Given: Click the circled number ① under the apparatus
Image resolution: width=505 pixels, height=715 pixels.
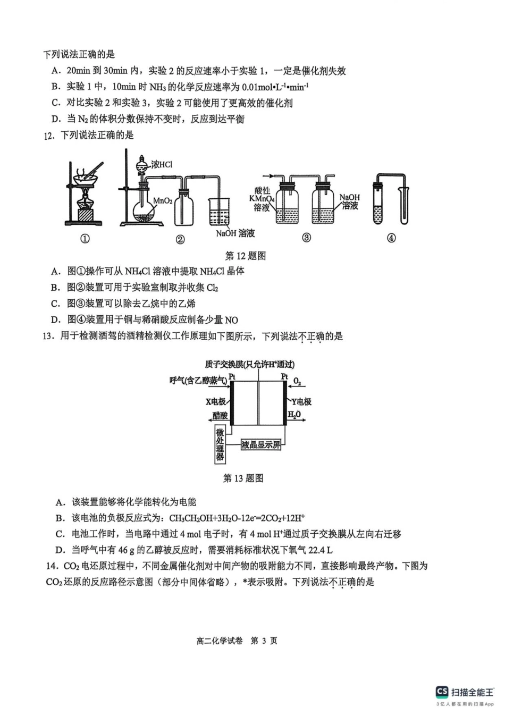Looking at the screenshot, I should click(x=85, y=239).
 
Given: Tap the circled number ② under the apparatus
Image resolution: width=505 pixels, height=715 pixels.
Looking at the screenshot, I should click(x=180, y=240).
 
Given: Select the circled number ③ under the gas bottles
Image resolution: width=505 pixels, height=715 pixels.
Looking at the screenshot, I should click(x=306, y=238).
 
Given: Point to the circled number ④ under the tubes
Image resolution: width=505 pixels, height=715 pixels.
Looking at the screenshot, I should click(x=391, y=238).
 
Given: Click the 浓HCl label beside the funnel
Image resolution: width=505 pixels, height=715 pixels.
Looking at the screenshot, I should click(x=162, y=165).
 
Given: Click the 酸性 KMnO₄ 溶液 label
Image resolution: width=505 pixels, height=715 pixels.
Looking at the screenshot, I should click(x=262, y=199).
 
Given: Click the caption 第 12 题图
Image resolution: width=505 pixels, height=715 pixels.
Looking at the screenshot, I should click(x=246, y=256).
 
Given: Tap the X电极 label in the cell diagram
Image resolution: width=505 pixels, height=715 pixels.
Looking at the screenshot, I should click(x=215, y=401).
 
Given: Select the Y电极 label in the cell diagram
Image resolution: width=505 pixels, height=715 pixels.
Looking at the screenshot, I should click(x=301, y=401).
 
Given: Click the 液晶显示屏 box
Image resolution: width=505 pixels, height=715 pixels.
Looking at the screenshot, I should click(x=260, y=444).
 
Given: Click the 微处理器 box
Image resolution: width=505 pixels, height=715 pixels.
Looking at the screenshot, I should click(x=220, y=444).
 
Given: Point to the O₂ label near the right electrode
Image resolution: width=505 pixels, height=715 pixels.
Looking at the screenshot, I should click(x=297, y=382).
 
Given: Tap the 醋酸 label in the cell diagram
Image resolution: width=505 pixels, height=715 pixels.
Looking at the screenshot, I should click(x=220, y=415).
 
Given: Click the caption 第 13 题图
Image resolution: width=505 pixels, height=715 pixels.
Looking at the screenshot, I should click(x=243, y=478).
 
